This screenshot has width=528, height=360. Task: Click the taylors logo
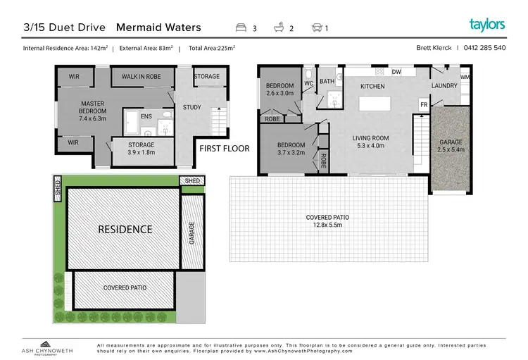tap(487, 25)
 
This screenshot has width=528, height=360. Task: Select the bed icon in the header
tap(241, 28)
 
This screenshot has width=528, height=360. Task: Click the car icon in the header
tap(318, 28)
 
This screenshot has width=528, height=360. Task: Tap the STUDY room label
tap(191, 108)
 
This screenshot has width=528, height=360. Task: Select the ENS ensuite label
tap(146, 116)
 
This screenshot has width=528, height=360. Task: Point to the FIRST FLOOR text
tap(223, 149)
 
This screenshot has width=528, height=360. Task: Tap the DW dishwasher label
tap(396, 72)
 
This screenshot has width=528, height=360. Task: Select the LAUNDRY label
tap(444, 86)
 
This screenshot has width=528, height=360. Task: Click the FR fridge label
tap(424, 104)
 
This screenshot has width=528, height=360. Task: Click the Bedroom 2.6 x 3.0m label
tap(279, 89)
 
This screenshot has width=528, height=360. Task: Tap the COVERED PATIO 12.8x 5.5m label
tap(328, 220)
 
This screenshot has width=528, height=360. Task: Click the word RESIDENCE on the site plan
tap(125, 229)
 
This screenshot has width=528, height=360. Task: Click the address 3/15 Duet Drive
tap(65, 27)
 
